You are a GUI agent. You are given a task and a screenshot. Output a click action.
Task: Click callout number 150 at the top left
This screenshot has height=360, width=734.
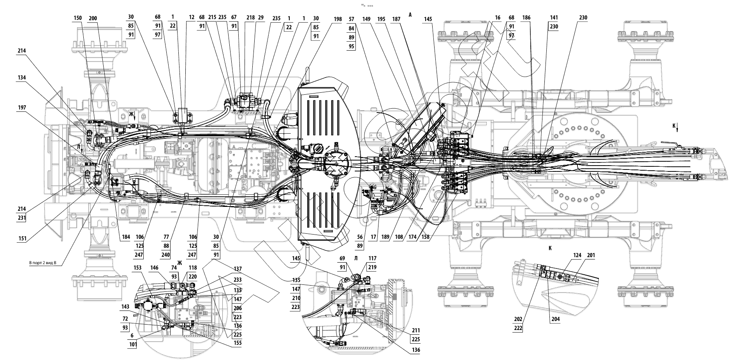coord(78,18)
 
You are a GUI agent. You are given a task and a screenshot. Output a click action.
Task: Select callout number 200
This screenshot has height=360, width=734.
coord(93,18)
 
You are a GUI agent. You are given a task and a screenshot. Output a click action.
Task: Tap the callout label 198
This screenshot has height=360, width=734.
coord(338,19)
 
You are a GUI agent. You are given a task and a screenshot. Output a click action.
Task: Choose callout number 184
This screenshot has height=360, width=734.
coord(125,237)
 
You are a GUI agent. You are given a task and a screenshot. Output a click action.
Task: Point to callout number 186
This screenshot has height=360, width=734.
coord(526,18)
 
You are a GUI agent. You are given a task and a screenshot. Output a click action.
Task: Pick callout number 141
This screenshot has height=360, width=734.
coord(554,18)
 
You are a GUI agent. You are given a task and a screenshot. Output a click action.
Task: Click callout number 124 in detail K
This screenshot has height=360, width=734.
coord(577,256)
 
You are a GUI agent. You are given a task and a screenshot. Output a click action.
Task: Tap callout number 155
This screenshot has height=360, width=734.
coord(238,343)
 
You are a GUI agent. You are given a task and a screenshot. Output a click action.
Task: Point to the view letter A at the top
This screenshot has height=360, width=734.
coord(410,15)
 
